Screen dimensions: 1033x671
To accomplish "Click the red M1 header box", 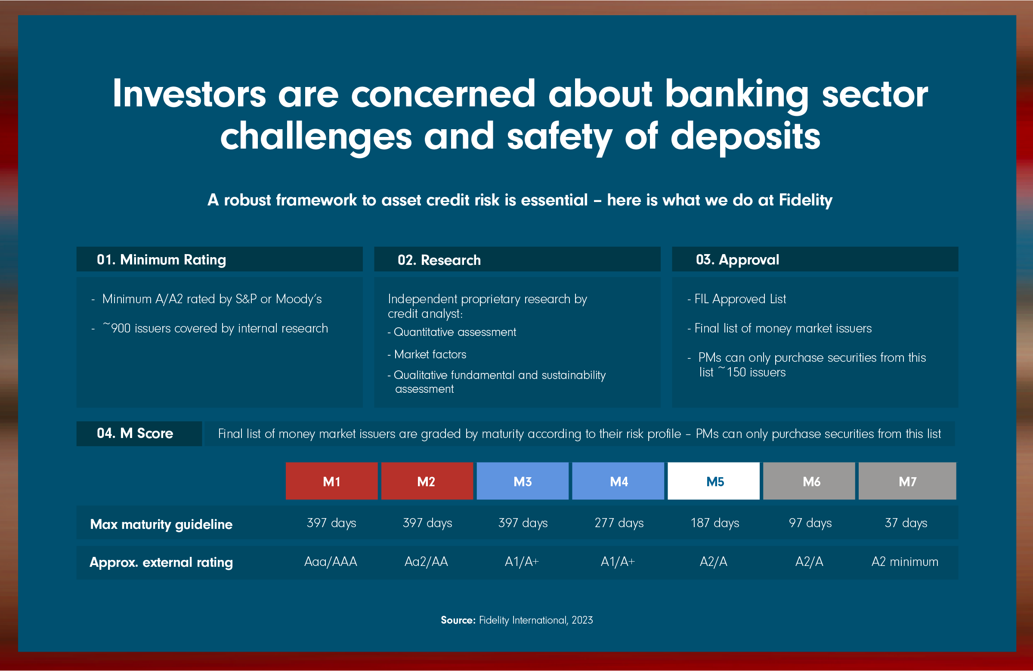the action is pos(331,481).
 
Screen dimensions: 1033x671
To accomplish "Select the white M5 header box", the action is pos(714,481).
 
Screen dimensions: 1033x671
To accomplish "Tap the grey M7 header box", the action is pos(907,481).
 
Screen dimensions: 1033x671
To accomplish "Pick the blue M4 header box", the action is pos(618,481).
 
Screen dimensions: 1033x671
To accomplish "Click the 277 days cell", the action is pos(619,523).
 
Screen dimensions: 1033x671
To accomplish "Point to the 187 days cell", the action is pos(715,523).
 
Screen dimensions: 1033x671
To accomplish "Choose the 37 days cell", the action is pos(906,523).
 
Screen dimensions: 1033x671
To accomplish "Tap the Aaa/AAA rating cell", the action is pos(331,562).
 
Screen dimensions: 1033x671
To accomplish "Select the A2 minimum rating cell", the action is pos(905,562).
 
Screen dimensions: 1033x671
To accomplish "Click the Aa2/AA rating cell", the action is pos(426,562).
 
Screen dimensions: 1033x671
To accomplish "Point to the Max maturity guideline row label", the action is pos(161,524).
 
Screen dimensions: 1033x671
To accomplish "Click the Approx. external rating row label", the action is pos(161,562).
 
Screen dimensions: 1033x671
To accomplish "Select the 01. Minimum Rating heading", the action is pos(161,260).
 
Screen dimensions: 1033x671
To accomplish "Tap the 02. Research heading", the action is pos(439,260).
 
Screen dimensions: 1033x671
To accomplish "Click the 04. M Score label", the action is pos(135,433).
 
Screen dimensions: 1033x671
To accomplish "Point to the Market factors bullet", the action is pos(427,354).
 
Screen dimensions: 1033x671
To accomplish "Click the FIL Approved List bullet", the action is pos(737,299).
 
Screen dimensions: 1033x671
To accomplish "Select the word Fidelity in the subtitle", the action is pos(806,200).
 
